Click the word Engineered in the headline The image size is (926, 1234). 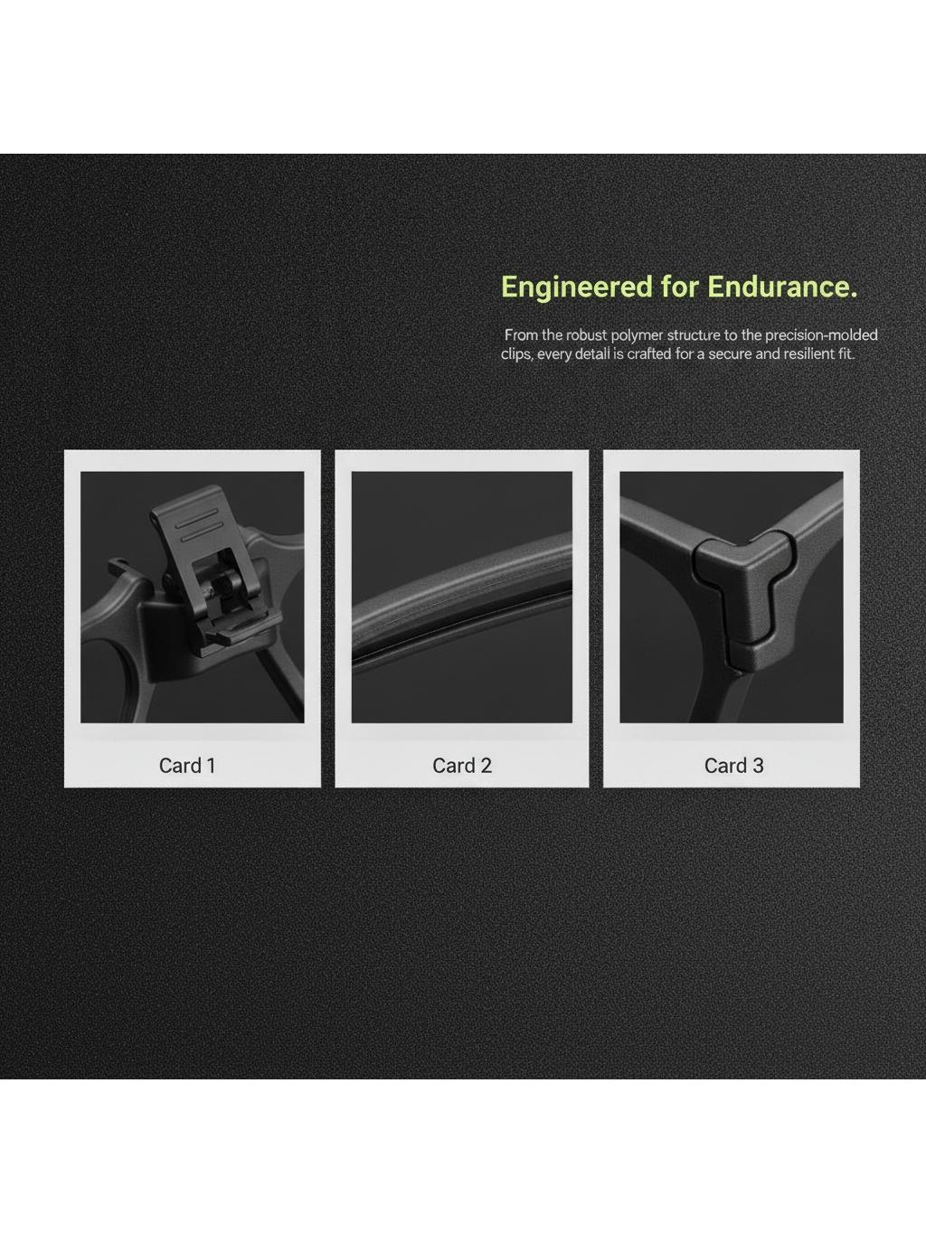tap(576, 287)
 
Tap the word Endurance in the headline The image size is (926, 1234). tap(782, 287)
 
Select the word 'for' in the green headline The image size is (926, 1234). tap(680, 287)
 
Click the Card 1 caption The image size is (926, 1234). tap(187, 765)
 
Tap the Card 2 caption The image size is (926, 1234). tap(462, 765)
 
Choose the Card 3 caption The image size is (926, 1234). tap(733, 765)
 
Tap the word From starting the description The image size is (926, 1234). tap(522, 335)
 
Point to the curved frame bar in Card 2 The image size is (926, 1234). tap(462, 601)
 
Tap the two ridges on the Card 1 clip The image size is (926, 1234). tap(198, 524)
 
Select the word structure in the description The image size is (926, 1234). tap(694, 335)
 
